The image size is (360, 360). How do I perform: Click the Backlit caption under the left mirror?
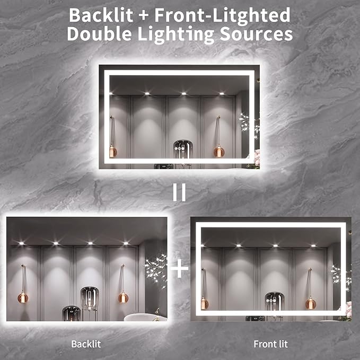pos(86,344)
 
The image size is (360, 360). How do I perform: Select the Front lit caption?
pos(270,344)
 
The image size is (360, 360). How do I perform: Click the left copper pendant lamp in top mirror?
pos(112,152)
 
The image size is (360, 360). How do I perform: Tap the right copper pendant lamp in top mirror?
pos(219,152)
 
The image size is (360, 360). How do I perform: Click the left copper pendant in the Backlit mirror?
pos(23,297)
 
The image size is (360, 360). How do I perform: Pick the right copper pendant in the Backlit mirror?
pos(123,297)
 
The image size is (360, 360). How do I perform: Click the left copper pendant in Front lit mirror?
pos(204,303)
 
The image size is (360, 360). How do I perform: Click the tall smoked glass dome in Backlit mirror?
pos(90,300)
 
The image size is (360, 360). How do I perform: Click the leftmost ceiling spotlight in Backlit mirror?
pos(21,243)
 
